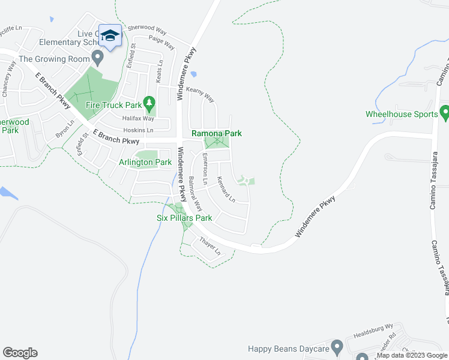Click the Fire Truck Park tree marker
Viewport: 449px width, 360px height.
point(150,103)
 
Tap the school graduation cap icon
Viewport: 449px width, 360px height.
point(109,36)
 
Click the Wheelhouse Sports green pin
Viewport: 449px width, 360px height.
point(445,112)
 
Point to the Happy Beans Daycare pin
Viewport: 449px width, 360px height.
point(337,347)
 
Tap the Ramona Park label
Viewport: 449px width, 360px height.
point(216,133)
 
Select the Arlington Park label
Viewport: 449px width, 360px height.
point(145,162)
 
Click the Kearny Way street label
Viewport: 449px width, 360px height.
point(200,94)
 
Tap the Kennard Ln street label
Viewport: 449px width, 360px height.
point(226,188)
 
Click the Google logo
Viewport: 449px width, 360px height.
point(20,353)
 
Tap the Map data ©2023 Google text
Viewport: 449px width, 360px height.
point(412,356)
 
